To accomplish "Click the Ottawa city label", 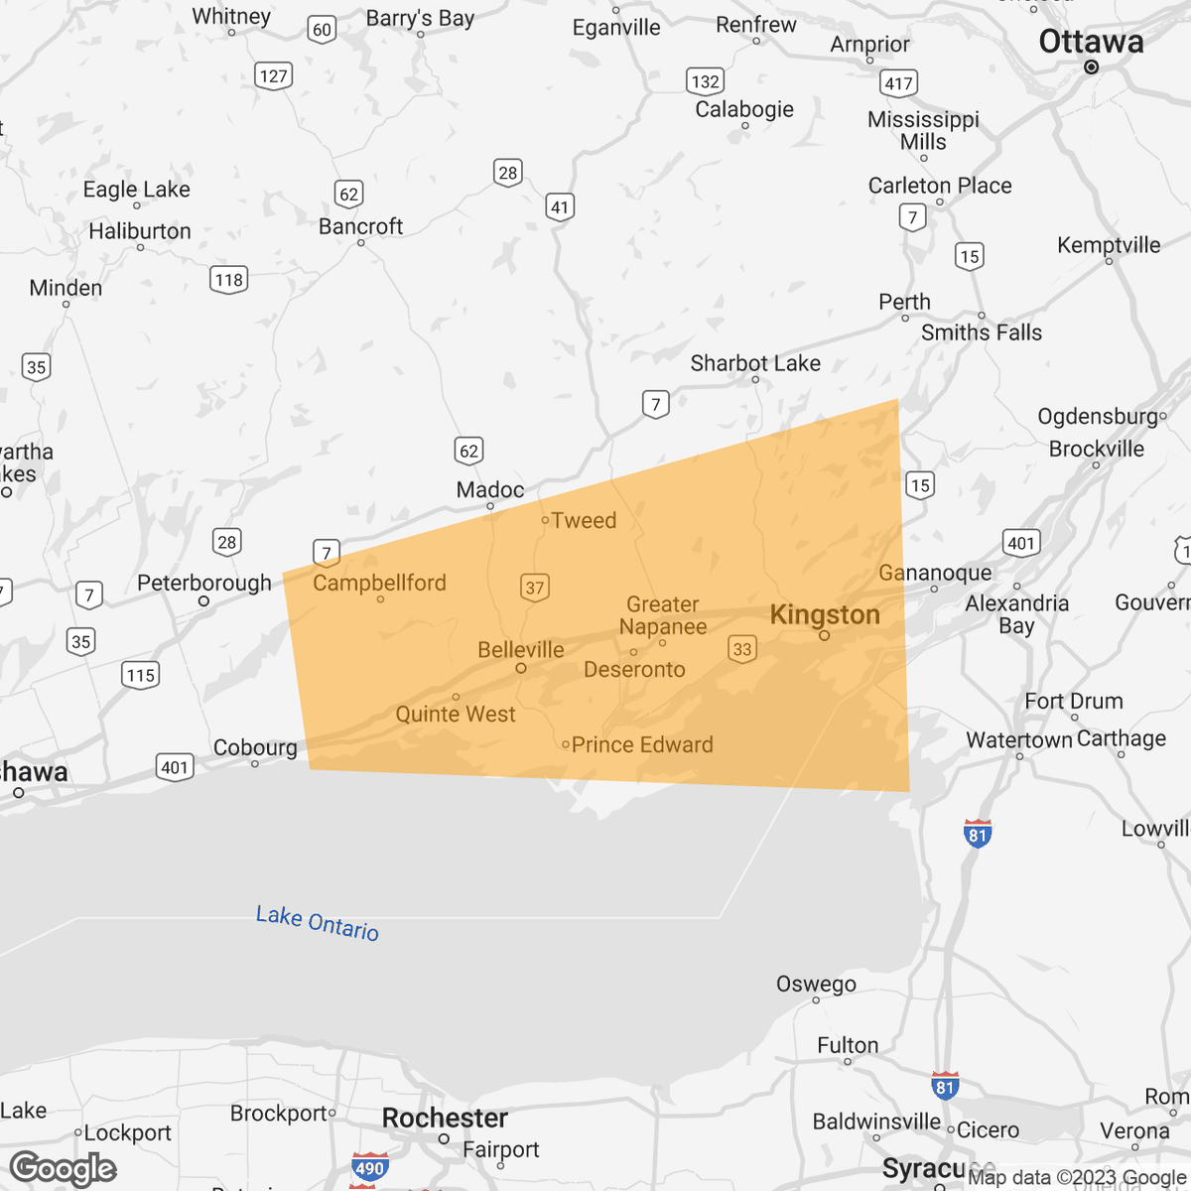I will (1091, 42).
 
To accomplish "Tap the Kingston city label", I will (825, 614).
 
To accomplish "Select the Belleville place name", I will (520, 650).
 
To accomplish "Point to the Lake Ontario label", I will (318, 923).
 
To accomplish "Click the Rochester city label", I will (445, 1118).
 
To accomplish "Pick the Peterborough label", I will (204, 583).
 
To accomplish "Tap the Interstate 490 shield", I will (369, 1168).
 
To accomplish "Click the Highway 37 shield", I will (535, 588).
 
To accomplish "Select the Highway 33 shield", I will (742, 649).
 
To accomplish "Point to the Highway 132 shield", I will (705, 81).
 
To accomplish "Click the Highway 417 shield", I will (898, 82).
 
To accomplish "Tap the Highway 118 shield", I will (229, 280).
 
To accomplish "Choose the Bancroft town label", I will (360, 226).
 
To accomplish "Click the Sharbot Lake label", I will (755, 363).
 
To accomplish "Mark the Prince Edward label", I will (642, 744).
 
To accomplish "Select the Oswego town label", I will (816, 984).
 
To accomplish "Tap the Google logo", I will (63, 1169).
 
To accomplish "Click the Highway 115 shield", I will (141, 676).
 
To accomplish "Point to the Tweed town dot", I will (545, 520).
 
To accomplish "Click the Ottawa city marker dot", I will (1092, 67).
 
